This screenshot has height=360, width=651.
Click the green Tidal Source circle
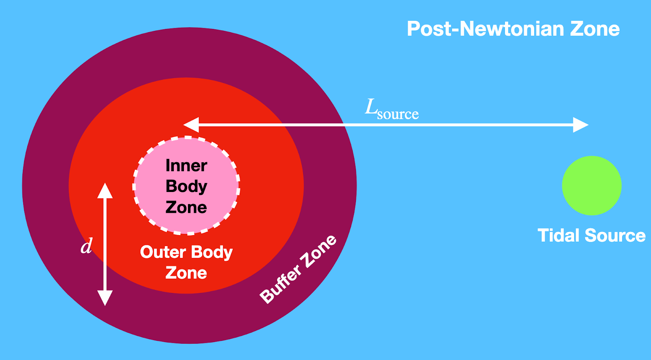click(x=592, y=185)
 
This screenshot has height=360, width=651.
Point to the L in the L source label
click(x=371, y=107)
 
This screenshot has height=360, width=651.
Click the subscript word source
click(x=398, y=114)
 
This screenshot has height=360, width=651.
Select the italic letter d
click(x=87, y=246)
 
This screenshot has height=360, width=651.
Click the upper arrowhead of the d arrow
click(x=105, y=190)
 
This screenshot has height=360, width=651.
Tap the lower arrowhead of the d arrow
click(x=105, y=298)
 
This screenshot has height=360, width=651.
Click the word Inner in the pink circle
click(x=186, y=166)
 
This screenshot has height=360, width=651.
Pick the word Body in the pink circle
click(x=186, y=186)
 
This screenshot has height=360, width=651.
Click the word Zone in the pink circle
click(x=186, y=207)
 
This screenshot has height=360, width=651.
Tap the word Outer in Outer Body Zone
click(x=163, y=252)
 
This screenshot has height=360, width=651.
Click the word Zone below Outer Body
click(x=186, y=273)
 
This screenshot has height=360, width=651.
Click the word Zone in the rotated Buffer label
click(x=320, y=251)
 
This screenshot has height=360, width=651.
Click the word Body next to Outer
click(x=212, y=253)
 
